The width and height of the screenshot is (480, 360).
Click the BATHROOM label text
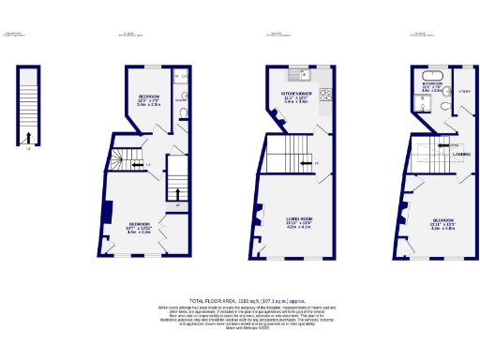(x=432, y=82)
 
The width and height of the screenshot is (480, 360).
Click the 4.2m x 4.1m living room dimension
(x=298, y=227)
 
